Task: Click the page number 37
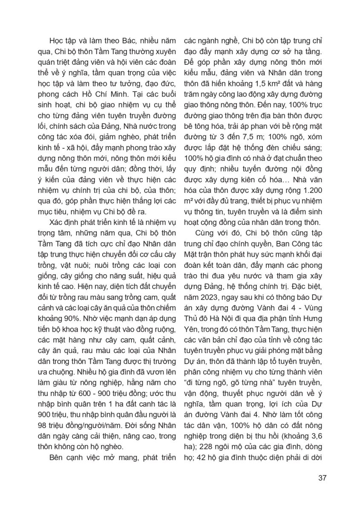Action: click(322, 477)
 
